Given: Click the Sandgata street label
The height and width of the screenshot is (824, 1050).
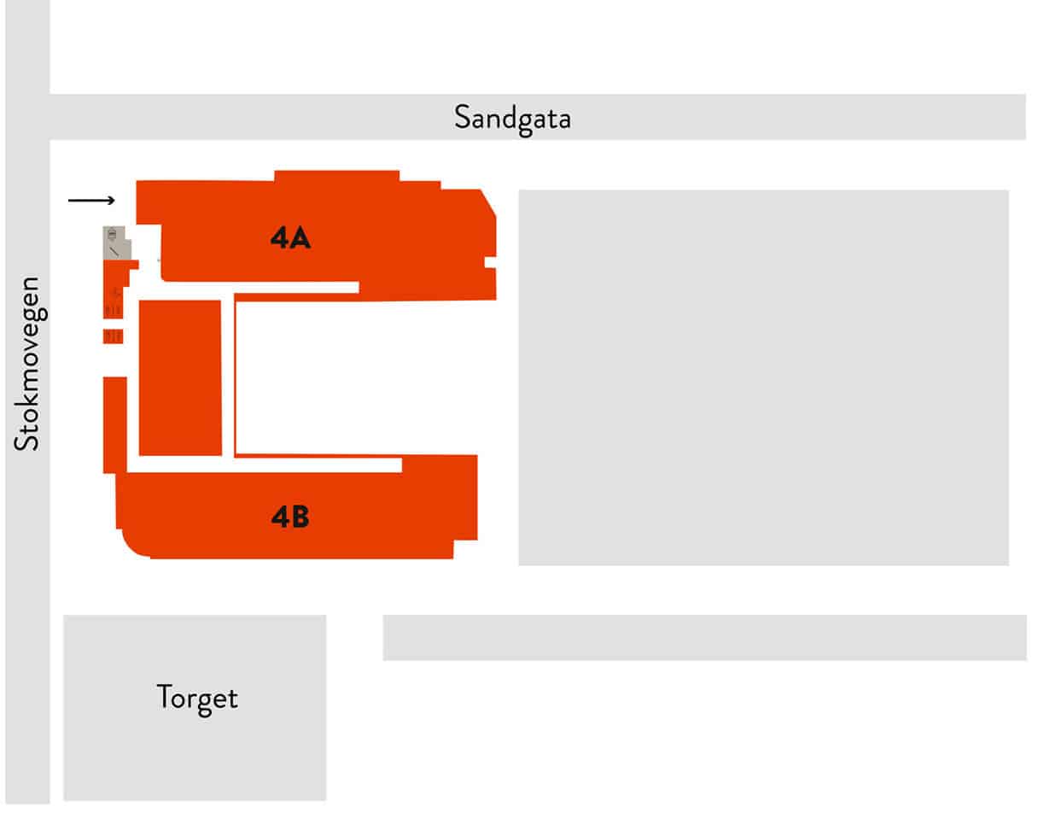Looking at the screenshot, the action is point(511,119).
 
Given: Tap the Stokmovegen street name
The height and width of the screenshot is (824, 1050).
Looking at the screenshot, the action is point(28,364).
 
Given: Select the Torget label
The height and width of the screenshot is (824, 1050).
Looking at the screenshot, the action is point(197,698).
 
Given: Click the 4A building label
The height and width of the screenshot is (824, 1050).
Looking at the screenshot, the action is point(290,237).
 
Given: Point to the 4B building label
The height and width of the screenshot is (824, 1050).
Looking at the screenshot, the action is point(290,517).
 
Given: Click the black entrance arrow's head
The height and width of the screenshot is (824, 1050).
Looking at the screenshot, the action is point(112,200).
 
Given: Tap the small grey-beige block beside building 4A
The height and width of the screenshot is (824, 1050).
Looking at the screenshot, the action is point(116,243).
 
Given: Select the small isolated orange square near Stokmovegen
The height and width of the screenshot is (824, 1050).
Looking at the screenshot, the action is point(113,336).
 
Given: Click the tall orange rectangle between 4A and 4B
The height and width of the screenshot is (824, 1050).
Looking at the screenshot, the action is point(180,377).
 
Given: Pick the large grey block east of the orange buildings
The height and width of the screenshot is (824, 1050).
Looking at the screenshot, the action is point(763,377).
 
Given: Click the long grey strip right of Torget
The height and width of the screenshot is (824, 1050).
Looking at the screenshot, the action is point(704,638).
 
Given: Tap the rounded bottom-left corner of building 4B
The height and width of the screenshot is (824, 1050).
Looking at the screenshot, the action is point(130,547).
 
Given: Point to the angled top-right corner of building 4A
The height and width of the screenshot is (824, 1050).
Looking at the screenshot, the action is point(488,202).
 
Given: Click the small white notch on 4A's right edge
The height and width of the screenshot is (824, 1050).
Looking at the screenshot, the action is point(491,262).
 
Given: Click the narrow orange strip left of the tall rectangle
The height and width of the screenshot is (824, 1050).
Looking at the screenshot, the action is point(115,424).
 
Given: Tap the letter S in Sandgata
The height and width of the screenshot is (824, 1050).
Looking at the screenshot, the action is point(463,117).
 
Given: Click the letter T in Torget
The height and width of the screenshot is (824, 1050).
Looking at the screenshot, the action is point(165,696).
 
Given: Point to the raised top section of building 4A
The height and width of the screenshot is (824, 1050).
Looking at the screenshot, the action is point(337,176).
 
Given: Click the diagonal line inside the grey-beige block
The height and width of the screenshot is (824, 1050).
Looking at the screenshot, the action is point(114,252).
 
